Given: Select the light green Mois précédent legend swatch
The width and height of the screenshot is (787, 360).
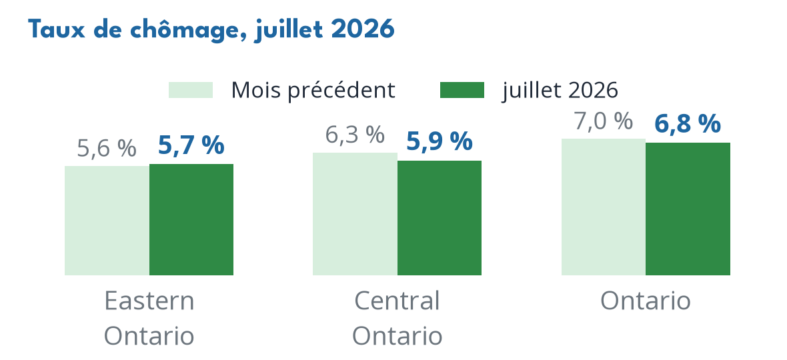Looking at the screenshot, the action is pos(191,90).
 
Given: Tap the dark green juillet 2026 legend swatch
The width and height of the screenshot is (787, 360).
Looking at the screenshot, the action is pos(462,90).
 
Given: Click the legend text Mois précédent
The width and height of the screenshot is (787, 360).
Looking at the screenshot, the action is pos(313,90).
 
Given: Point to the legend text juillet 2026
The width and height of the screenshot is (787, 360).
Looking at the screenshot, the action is pos(560,90).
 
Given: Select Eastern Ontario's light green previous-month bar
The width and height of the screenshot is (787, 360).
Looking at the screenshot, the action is pos(107,221).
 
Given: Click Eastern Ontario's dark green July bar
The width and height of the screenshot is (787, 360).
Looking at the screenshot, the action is pos(191,219).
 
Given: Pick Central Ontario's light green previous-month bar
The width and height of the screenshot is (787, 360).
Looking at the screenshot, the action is pos(355,214).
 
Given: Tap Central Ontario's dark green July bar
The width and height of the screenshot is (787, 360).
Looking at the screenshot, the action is pos(440,218).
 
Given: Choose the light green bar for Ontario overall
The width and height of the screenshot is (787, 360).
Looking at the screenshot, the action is pos(604,207).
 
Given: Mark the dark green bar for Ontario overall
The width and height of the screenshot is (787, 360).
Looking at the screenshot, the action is pos(688,209).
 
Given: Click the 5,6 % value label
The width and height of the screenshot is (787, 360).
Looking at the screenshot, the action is pos(107,149).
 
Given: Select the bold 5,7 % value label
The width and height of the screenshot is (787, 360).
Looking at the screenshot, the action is pos(191,145).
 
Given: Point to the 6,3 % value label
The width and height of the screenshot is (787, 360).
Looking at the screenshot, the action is pos(355,135).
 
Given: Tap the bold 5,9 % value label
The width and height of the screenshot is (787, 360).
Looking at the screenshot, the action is pos(439,141).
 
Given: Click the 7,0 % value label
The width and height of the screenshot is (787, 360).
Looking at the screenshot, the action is pos(604,121).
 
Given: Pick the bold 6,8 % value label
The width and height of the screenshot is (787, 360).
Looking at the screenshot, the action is pos(688,124).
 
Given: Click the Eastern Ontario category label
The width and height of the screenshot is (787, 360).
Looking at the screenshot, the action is pos(149,319).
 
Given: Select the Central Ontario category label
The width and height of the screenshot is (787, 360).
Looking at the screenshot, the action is pos(397,319).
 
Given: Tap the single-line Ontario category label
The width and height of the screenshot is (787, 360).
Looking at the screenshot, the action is pos(646,301).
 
